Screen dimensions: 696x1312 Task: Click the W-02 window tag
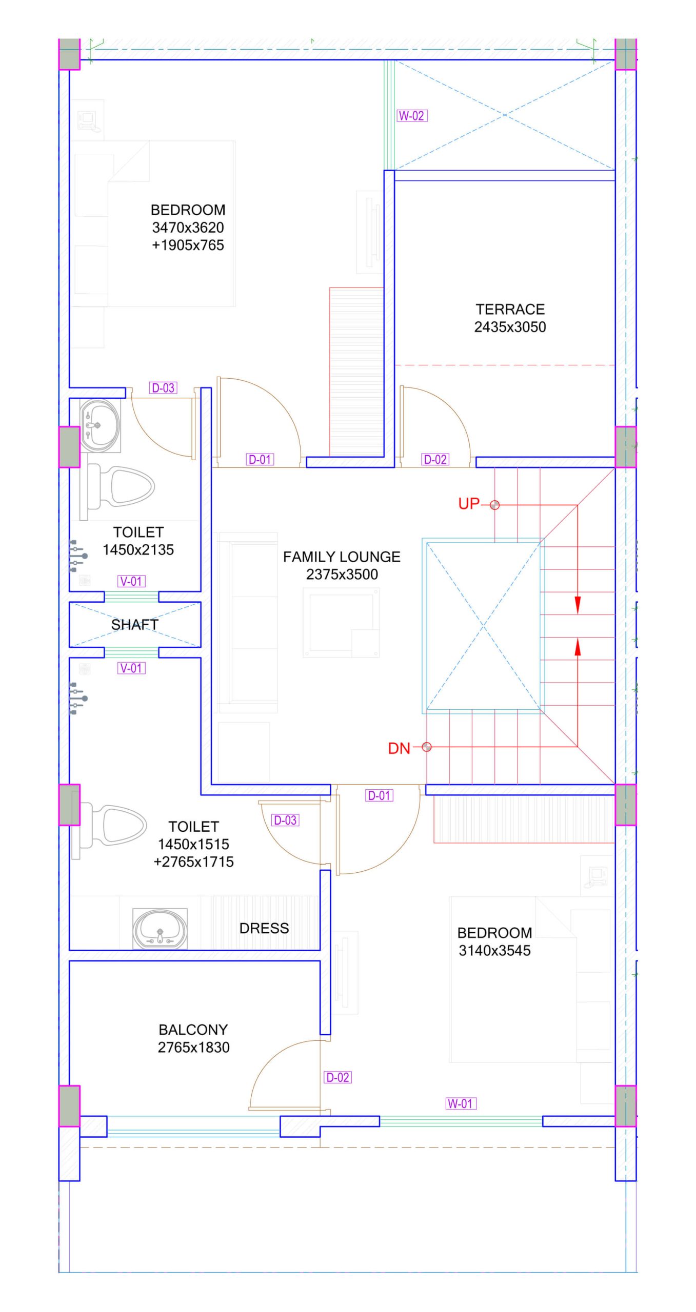coord(412,116)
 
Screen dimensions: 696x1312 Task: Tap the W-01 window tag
coord(461,1103)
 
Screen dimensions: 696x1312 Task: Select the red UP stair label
coord(469,504)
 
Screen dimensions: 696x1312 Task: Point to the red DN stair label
coord(399,748)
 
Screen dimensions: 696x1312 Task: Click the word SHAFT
coord(135,625)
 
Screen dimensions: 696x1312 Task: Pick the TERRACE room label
coord(510,310)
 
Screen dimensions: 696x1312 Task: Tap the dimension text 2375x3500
coord(342,575)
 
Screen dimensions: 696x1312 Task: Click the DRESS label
coord(264,928)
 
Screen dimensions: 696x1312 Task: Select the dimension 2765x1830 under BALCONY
coord(193,1048)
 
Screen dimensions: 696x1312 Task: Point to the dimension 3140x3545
coord(494,951)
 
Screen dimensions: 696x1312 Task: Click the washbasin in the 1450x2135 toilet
coord(100,426)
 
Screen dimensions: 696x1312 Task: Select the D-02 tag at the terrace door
coord(435,460)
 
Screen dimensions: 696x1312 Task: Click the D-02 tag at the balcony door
coord(338,1077)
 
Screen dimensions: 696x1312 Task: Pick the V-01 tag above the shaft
coord(131,581)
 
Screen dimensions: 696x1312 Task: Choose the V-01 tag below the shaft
coord(131,668)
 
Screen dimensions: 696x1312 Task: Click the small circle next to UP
coord(494,505)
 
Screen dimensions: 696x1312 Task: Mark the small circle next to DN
coord(427,747)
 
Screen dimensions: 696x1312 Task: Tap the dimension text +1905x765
coord(188,245)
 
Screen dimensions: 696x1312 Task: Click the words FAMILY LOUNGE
coord(342,557)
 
